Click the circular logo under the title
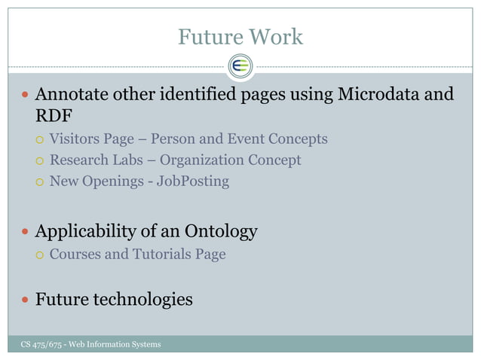(241, 66)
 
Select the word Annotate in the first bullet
(72, 96)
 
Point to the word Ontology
(223, 231)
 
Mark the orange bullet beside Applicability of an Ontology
(25, 232)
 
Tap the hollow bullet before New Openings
(38, 182)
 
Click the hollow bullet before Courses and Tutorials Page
(38, 255)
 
